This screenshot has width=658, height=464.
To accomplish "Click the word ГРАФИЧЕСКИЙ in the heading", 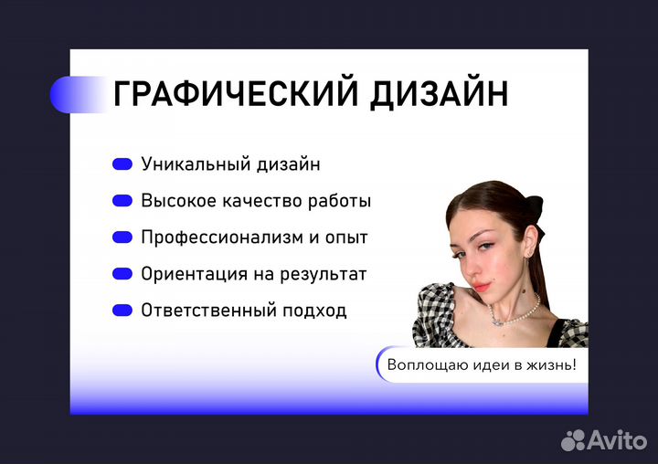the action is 236,93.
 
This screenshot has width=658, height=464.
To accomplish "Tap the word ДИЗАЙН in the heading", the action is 439,94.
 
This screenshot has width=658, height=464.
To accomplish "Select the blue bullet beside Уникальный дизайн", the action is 122,164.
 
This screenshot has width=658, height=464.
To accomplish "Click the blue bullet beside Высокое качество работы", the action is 122,201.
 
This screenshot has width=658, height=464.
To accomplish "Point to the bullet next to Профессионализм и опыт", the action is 122,237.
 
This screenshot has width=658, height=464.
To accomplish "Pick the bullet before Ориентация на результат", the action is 122,273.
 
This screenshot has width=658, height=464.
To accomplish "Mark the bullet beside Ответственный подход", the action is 122,310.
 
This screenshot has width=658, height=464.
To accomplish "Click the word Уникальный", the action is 196,164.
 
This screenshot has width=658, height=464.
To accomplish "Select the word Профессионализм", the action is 222,237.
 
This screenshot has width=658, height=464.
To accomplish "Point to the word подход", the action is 314,311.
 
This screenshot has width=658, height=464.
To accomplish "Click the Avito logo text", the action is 618,440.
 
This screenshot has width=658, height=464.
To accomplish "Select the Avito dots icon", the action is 573,440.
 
